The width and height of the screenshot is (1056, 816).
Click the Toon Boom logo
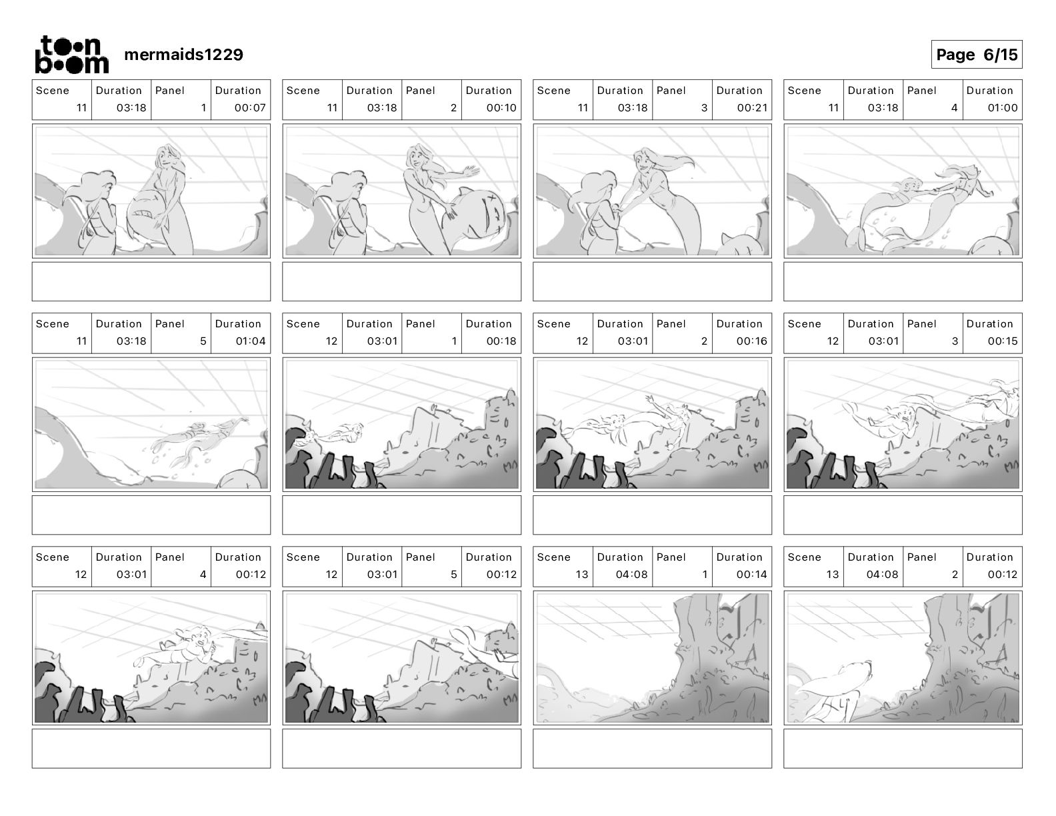point(72,55)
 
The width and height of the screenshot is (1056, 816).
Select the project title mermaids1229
point(184,55)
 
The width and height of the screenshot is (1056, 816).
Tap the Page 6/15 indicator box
point(976,55)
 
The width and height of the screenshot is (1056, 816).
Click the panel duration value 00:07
point(250,107)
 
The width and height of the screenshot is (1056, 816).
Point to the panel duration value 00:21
point(752,107)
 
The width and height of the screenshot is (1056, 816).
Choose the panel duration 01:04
point(250,341)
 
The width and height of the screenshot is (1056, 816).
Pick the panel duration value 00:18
point(501,341)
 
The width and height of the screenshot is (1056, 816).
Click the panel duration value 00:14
point(751,574)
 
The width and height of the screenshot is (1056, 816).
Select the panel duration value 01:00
point(1002,107)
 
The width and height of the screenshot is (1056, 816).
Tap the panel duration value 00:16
point(751,341)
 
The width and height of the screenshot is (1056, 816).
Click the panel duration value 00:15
point(1002,341)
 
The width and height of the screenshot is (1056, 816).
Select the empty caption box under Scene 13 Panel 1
point(652,749)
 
